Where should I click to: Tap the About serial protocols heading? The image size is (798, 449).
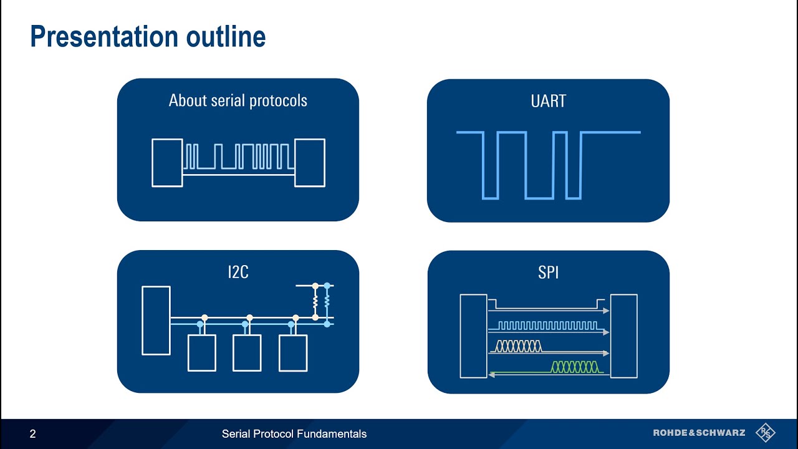[238, 100]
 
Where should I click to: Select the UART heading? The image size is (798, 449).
[548, 101]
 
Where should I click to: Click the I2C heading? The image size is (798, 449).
[238, 272]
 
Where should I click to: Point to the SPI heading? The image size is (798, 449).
[548, 273]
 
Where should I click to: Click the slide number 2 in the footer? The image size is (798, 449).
[33, 434]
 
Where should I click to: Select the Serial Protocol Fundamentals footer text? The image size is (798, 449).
[294, 434]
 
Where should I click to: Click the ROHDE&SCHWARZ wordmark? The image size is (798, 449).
[698, 433]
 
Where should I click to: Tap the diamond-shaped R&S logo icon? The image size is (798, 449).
[765, 433]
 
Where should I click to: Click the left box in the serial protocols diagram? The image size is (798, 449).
[167, 163]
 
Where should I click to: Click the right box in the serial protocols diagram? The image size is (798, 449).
[310, 163]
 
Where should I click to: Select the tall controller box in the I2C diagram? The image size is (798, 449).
[156, 321]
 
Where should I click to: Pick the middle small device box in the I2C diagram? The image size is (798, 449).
[247, 353]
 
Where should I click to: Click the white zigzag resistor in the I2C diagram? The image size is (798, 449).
[315, 302]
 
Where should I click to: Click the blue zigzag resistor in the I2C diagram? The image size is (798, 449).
[327, 302]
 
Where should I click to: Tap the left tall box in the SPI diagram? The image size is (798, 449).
[473, 336]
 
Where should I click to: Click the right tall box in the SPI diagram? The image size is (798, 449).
[623, 336]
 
